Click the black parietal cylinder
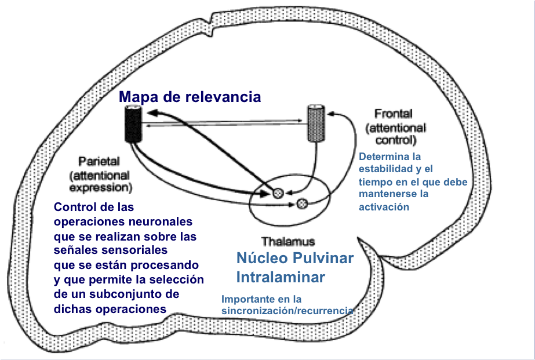coord(133,123)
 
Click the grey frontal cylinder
coord(316,123)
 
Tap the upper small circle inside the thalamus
coord(278,193)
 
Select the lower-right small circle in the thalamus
coord(303,204)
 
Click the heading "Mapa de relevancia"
coord(190,97)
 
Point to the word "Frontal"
coord(394,114)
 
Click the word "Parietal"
coord(99,161)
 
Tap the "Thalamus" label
coord(288,242)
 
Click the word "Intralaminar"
coord(281,277)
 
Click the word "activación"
coord(384,207)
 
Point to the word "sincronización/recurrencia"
coord(287,311)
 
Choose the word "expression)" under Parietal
coord(101,188)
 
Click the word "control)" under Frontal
coord(396,140)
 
